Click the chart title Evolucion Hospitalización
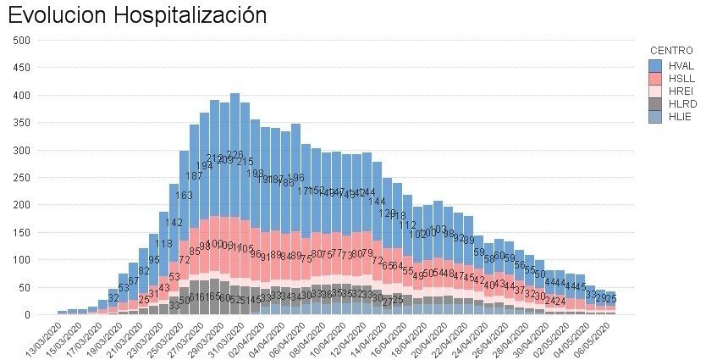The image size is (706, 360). (137, 15)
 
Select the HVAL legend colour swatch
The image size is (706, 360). (655, 65)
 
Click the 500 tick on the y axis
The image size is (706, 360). (23, 40)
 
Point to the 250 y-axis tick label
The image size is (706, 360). (23, 177)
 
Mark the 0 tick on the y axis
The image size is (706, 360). (28, 315)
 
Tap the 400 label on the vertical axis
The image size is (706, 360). (23, 95)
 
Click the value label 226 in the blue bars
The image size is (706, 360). (234, 155)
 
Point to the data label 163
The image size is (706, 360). (184, 196)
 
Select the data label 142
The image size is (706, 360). (174, 223)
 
